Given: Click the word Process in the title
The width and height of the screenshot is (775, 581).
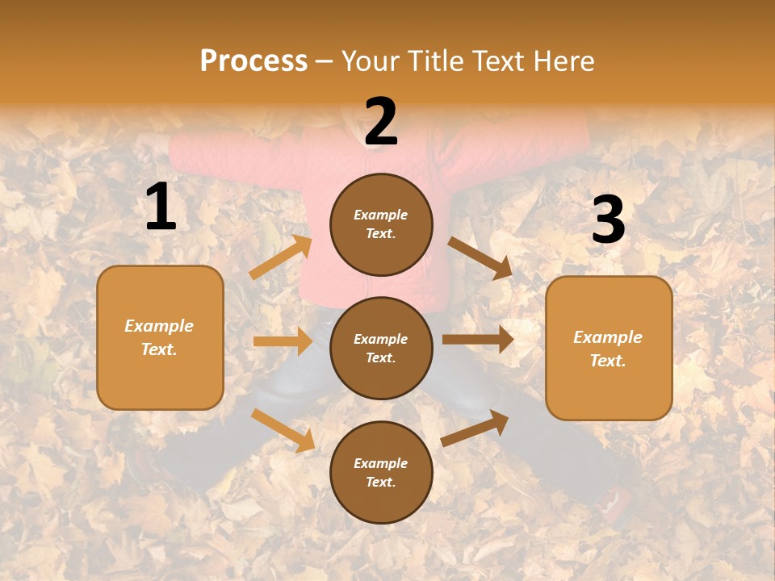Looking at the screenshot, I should pos(253,61).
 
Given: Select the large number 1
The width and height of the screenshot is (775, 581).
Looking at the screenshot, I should pos(161,207).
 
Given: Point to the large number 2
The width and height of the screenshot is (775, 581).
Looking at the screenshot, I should pos(381,122).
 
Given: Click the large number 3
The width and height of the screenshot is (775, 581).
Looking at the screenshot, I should pos(608,220).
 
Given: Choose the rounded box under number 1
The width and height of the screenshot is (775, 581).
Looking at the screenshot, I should pos(160,337).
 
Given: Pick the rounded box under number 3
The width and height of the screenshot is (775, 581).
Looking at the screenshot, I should pos(609,349).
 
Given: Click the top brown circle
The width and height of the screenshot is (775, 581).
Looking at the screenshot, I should pos(381,224).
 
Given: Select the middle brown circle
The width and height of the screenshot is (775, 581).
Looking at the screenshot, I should pos(381,348).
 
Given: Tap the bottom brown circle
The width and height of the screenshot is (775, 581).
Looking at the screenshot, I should pos(381,472).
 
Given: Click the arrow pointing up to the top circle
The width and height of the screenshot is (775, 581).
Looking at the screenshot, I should pos(281,257).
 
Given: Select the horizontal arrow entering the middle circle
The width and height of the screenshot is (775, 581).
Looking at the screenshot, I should pos(283,341).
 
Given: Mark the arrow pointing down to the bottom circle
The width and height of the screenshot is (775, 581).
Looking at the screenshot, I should pos(283,429).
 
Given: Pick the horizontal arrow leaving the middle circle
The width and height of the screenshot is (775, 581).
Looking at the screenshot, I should pos(478,340).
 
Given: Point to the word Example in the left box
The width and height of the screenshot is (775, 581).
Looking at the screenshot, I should pos(159,326).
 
